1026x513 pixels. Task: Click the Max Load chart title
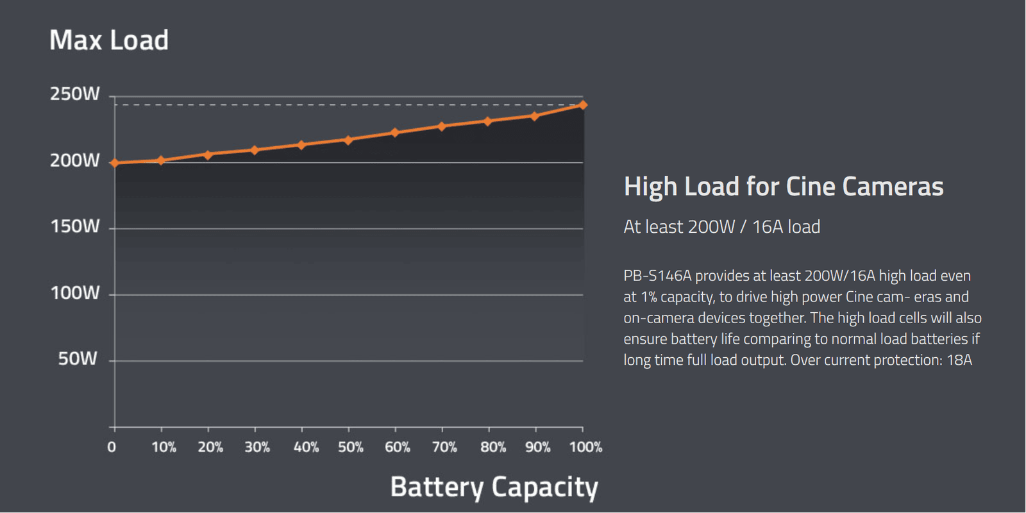(x=109, y=40)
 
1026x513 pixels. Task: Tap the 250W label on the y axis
(x=75, y=94)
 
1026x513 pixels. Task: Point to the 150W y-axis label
(x=75, y=226)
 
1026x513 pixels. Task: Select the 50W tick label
(x=78, y=358)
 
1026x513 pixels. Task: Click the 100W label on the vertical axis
(x=75, y=293)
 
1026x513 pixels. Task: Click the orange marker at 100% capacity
(x=582, y=105)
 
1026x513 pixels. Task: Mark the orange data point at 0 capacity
(x=115, y=163)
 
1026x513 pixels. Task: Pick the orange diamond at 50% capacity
(x=348, y=140)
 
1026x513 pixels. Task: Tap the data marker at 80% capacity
(x=488, y=121)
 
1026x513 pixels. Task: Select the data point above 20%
(x=208, y=155)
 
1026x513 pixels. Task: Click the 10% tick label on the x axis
(x=164, y=447)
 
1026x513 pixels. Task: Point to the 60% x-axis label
(x=397, y=447)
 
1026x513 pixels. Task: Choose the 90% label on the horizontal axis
(x=537, y=447)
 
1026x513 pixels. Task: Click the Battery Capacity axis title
(x=494, y=487)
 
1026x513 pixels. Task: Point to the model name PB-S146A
(x=657, y=276)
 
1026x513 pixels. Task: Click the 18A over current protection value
(x=959, y=360)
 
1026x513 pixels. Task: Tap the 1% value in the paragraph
(x=648, y=297)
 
